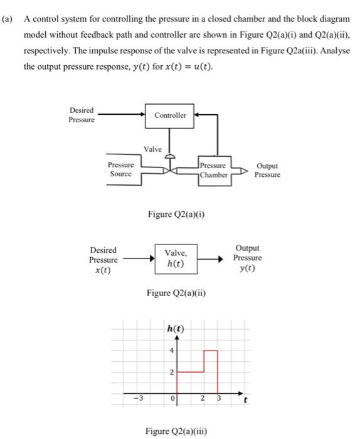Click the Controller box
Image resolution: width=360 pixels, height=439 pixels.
pyautogui.click(x=170, y=115)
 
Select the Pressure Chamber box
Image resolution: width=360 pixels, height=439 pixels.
pyautogui.click(x=214, y=170)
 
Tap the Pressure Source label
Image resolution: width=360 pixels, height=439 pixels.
pyautogui.click(x=120, y=169)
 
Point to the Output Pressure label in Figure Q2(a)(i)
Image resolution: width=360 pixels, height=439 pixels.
pyautogui.click(x=267, y=170)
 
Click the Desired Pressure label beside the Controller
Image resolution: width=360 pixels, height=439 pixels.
pyautogui.click(x=82, y=115)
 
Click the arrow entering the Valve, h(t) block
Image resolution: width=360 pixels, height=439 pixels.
pyautogui.click(x=137, y=258)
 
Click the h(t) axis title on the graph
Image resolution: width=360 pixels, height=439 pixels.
pyautogui.click(x=176, y=329)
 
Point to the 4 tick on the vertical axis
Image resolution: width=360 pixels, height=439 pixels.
pyautogui.click(x=171, y=351)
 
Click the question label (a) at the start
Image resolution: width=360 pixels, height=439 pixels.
pyautogui.click(x=8, y=19)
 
